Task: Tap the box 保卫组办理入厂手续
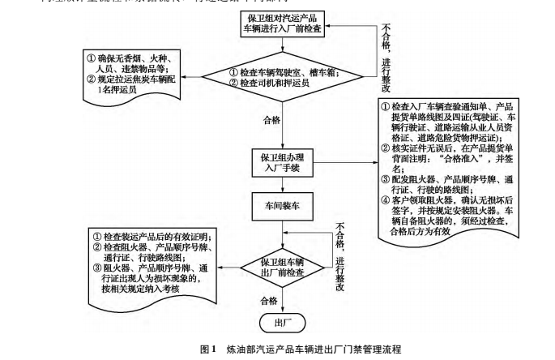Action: click(x=282, y=161)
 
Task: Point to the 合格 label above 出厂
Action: click(x=270, y=300)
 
